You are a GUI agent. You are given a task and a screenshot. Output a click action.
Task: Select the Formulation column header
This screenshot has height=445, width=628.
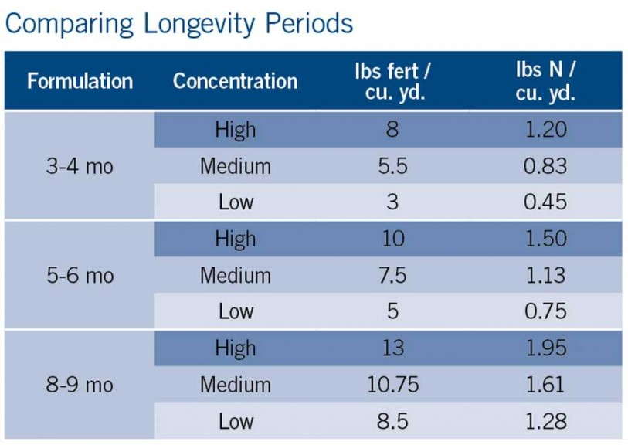[x=80, y=81]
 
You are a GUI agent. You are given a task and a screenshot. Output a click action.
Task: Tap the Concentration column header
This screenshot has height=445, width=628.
[x=235, y=81]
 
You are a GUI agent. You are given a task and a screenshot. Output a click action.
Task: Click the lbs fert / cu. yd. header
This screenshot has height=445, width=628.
[x=392, y=81]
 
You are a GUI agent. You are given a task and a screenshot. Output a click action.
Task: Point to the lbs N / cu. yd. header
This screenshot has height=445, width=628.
[x=545, y=81]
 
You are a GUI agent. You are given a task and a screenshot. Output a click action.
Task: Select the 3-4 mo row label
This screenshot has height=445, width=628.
[x=80, y=166]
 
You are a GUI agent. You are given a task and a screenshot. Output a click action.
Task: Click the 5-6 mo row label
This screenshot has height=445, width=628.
[x=80, y=276]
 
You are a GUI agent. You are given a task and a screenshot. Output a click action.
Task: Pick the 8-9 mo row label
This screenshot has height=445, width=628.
[x=80, y=385]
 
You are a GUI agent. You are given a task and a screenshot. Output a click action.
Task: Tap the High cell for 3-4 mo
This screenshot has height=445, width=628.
[x=235, y=130]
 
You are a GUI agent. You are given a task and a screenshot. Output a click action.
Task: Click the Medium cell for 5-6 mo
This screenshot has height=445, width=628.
[x=235, y=276]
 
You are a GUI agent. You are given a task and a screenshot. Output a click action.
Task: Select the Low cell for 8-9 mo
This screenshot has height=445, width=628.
[x=235, y=421]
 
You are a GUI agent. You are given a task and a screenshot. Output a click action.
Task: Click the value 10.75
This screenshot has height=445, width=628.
[x=392, y=385]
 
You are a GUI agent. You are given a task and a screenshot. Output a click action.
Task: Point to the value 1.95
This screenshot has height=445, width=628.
[x=545, y=348]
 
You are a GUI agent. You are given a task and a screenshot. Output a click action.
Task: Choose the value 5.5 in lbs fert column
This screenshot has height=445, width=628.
[x=392, y=166]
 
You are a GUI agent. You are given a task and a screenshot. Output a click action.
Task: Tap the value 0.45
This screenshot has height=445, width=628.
[x=545, y=202]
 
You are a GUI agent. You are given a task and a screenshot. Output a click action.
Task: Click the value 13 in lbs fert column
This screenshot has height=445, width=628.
[x=392, y=348]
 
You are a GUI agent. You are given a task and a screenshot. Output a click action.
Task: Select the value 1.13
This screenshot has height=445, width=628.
[x=545, y=276]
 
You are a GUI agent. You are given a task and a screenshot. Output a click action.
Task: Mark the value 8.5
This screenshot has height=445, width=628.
[x=392, y=421]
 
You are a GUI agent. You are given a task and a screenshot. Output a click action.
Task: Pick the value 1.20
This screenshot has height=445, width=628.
[x=545, y=130]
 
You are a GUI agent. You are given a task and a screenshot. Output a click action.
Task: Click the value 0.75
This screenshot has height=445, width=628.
[x=545, y=311]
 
